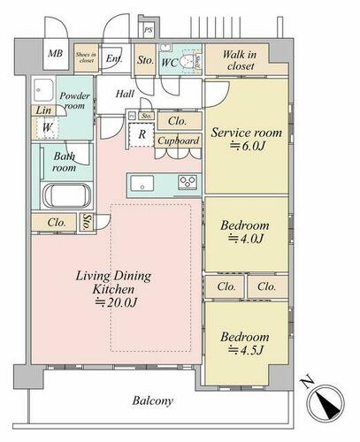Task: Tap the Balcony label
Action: point(152,400)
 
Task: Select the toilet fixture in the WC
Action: point(187,60)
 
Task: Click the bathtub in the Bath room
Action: point(66,195)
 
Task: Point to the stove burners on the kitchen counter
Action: point(188,182)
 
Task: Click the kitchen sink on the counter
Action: point(142,183)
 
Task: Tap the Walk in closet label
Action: point(240,60)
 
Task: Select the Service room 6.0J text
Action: point(246,139)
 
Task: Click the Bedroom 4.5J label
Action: point(245,343)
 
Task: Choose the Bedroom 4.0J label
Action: point(245,232)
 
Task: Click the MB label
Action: point(56,53)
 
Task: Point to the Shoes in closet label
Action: point(86,57)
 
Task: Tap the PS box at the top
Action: point(149,30)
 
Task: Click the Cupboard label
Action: point(178,141)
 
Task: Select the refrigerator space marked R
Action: point(142,134)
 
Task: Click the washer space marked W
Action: point(47,127)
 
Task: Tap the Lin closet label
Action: point(43,110)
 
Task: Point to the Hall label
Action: point(125,94)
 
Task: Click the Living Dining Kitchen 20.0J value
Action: point(116,302)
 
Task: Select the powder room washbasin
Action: point(43,89)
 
